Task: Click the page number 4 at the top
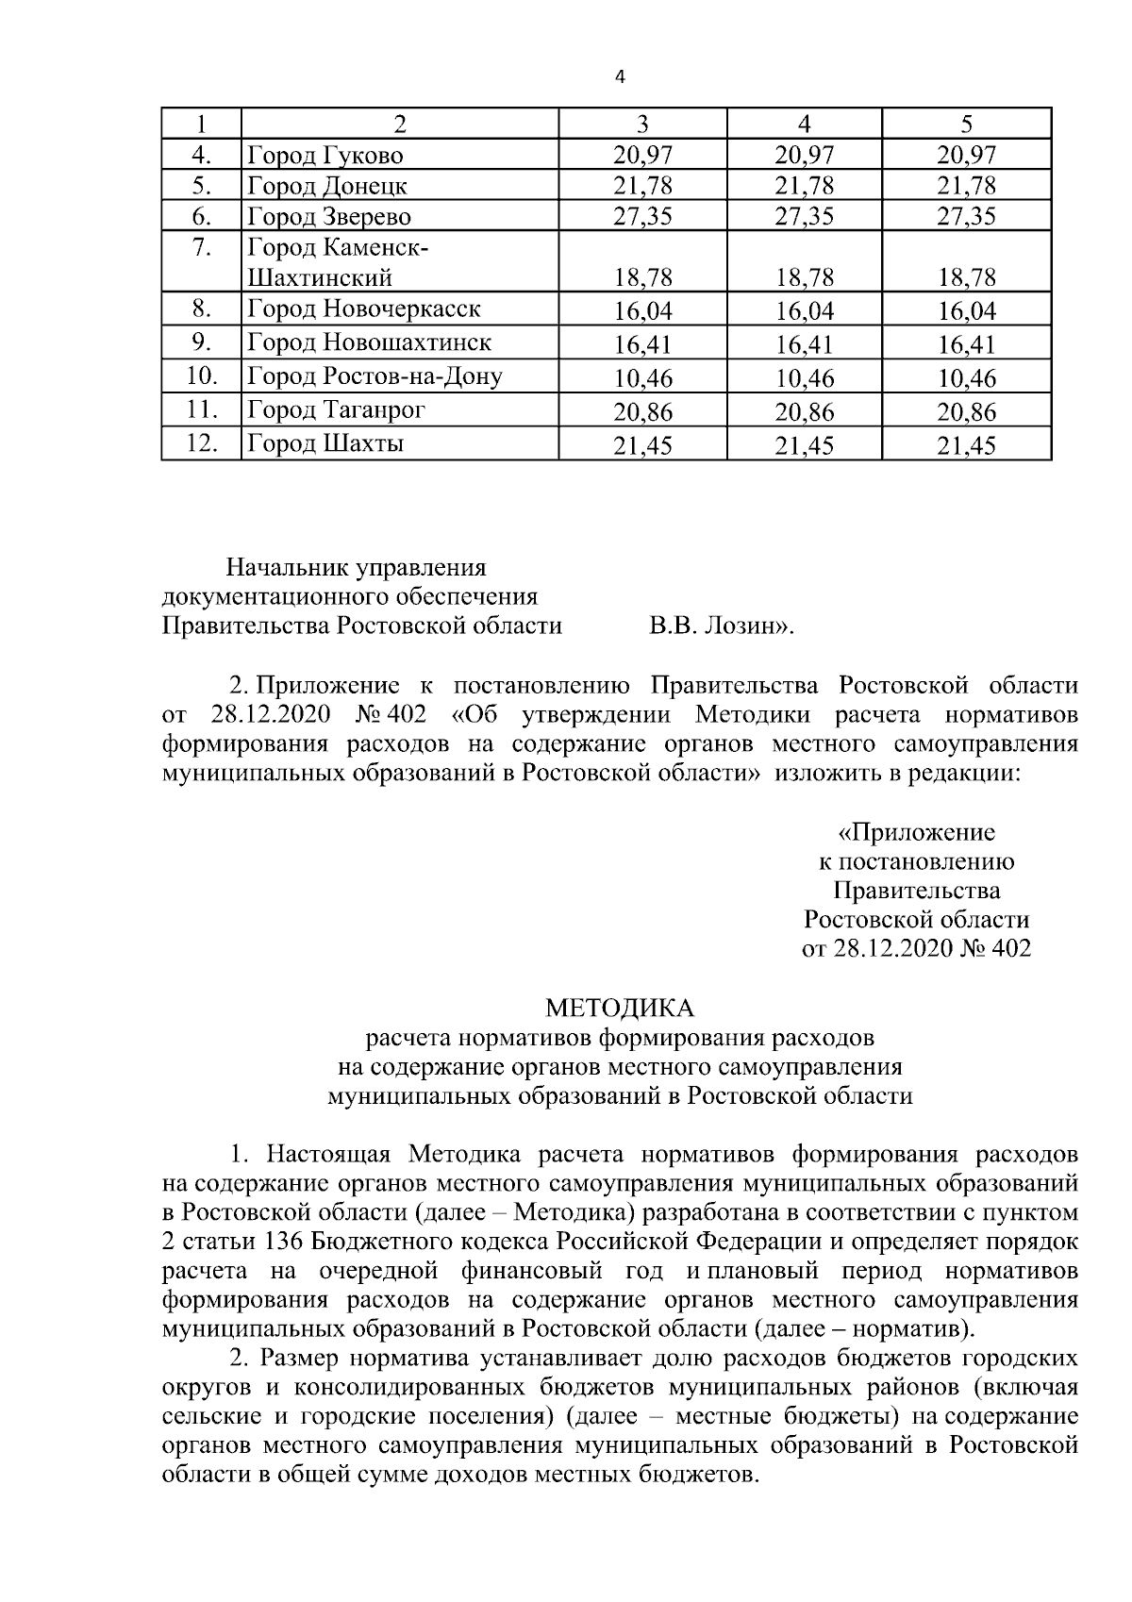coord(620,78)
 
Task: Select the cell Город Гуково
coord(325,154)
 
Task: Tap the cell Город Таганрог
coord(336,409)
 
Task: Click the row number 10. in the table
coord(202,376)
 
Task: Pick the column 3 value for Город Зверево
coord(642,217)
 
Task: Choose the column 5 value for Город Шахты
coord(966,445)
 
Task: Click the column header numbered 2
coord(400,124)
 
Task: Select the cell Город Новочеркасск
coord(363,309)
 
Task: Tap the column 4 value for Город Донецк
coord(804,186)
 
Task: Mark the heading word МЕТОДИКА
coord(620,1009)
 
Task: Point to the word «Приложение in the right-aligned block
coord(916,832)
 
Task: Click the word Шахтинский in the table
coord(320,277)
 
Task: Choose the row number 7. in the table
coord(202,249)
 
